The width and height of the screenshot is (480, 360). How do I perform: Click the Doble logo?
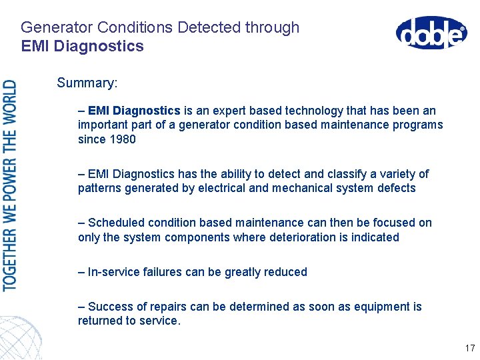(x=431, y=33)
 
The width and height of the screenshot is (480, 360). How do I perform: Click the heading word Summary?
(x=87, y=83)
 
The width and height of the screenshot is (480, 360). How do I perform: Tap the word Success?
(x=111, y=307)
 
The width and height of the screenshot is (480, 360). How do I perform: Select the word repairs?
(x=170, y=307)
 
